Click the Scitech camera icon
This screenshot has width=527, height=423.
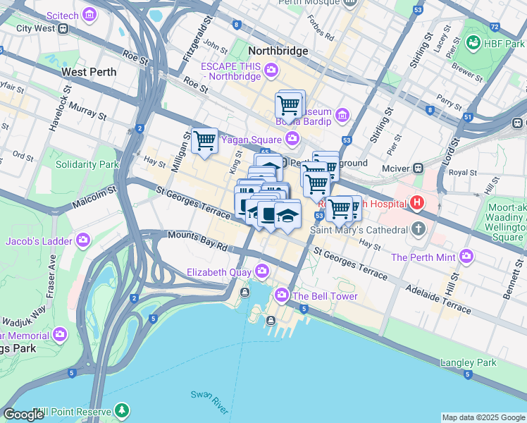point(88,14)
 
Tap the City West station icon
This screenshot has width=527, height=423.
point(63,29)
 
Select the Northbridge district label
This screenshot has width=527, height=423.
point(278,51)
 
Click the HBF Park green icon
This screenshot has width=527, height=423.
point(473,44)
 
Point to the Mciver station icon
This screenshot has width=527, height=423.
point(418,168)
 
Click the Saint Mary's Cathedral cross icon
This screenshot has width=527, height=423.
point(418,230)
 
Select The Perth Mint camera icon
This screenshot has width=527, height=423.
point(466,257)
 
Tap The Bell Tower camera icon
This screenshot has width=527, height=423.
point(282,295)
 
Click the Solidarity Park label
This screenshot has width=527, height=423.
point(87,164)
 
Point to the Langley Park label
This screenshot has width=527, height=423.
point(468,362)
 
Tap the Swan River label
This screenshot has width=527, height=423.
point(209,402)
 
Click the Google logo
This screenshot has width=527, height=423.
point(23,415)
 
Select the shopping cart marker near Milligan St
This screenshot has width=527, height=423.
point(204,140)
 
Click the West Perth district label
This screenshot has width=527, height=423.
point(88,72)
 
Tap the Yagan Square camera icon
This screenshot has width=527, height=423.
point(291,138)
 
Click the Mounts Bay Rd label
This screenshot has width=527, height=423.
point(197,242)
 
